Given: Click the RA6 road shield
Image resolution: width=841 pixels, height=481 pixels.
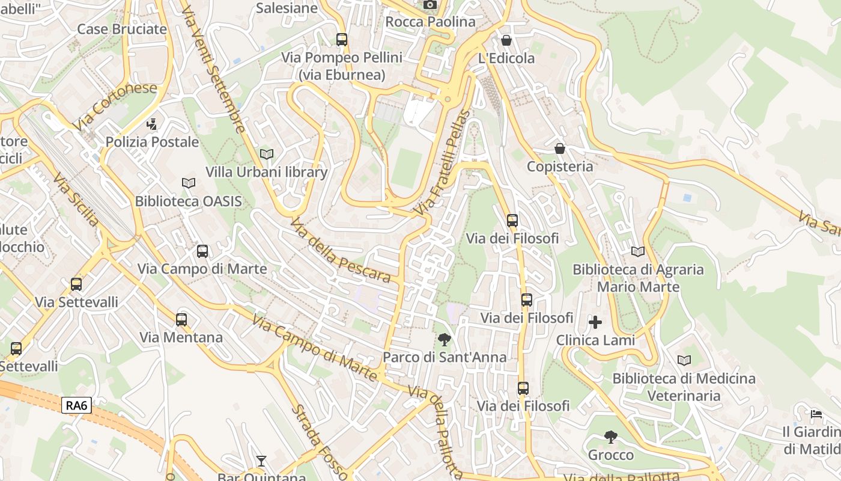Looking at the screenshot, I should pyautogui.click(x=76, y=406).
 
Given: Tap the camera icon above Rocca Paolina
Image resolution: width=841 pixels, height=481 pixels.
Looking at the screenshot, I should pyautogui.click(x=430, y=5).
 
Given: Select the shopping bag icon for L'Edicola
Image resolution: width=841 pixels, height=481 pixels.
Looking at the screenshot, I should pyautogui.click(x=506, y=40).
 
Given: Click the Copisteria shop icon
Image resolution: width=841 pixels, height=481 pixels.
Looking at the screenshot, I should pyautogui.click(x=560, y=149).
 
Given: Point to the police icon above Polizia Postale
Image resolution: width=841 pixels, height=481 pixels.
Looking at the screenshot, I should pyautogui.click(x=152, y=124).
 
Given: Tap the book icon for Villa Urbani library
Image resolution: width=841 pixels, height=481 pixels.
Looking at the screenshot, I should pyautogui.click(x=267, y=155).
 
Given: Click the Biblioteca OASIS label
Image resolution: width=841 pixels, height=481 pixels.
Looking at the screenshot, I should pyautogui.click(x=188, y=201).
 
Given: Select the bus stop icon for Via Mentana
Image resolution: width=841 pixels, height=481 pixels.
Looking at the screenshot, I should pyautogui.click(x=181, y=320).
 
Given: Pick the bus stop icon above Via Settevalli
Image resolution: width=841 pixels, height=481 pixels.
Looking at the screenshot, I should pyautogui.click(x=76, y=284).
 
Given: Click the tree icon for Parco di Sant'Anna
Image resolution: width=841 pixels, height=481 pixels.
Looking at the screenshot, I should pyautogui.click(x=444, y=340).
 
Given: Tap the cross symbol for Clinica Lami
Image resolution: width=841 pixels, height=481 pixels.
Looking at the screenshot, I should pyautogui.click(x=595, y=323).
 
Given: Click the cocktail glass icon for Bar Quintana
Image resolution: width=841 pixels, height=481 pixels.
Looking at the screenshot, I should pyautogui.click(x=261, y=461).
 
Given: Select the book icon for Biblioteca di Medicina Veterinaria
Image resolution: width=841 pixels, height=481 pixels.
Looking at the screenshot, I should pyautogui.click(x=684, y=361).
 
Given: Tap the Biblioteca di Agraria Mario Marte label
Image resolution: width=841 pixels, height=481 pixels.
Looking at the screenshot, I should pyautogui.click(x=638, y=278).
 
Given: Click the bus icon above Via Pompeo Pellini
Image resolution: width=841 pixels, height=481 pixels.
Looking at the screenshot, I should pyautogui.click(x=342, y=40).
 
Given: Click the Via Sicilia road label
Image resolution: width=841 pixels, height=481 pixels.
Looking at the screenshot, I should pyautogui.click(x=76, y=200).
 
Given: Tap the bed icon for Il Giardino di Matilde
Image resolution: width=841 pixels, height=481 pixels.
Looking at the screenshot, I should pyautogui.click(x=816, y=414).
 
